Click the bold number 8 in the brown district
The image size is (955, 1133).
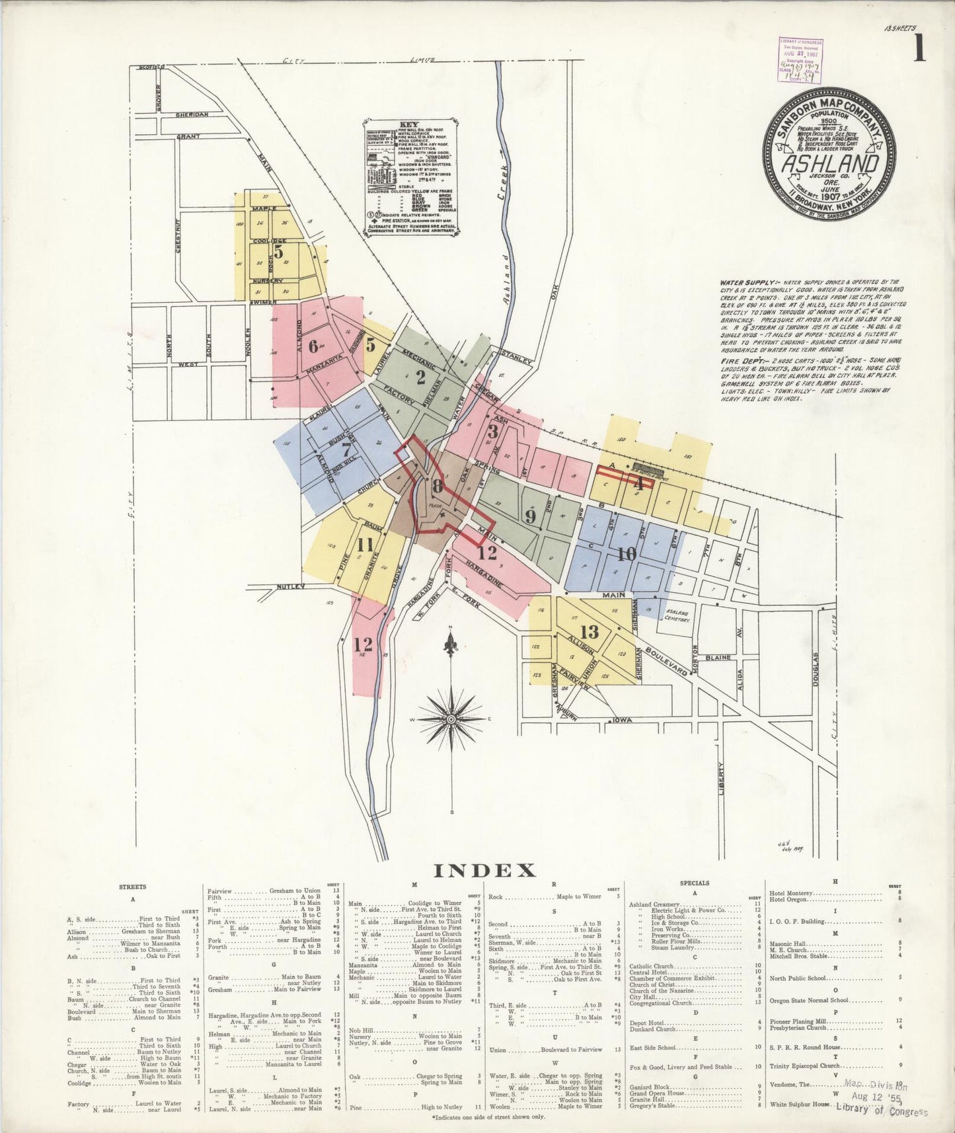[437, 488]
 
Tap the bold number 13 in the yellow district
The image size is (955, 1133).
[589, 631]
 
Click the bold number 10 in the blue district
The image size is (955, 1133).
[627, 553]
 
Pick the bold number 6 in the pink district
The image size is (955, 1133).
[313, 344]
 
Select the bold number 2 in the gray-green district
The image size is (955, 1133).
[420, 378]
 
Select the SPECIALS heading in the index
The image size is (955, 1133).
[694, 883]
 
